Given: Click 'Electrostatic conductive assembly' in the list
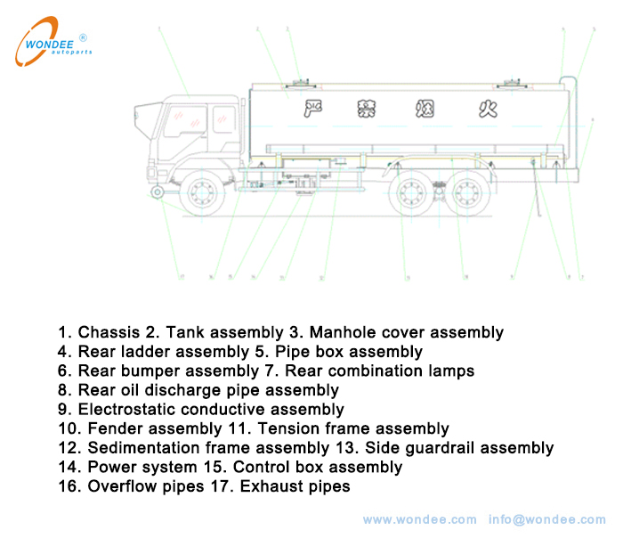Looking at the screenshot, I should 211,410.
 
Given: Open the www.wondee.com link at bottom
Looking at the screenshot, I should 419,519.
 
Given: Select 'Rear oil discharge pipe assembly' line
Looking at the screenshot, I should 208,390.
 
